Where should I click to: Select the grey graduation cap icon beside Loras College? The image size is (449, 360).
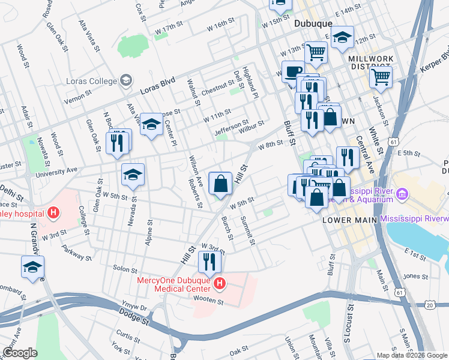click(x=126, y=80)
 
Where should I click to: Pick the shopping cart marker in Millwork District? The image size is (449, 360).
click(x=381, y=76)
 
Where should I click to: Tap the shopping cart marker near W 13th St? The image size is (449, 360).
click(x=316, y=52)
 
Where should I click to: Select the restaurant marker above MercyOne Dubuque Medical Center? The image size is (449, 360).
click(x=209, y=262)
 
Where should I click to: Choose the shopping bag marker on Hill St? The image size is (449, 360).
click(x=220, y=183)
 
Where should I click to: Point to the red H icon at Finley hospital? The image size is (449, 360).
click(x=54, y=212)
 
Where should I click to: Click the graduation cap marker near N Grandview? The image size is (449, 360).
click(x=32, y=266)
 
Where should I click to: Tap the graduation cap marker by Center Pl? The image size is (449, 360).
click(x=151, y=125)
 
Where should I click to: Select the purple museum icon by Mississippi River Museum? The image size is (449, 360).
click(x=402, y=194)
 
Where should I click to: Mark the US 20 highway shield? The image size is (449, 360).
click(x=430, y=305)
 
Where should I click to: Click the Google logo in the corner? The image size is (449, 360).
click(x=20, y=352)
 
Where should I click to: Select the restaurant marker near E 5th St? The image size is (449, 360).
click(x=348, y=157)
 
